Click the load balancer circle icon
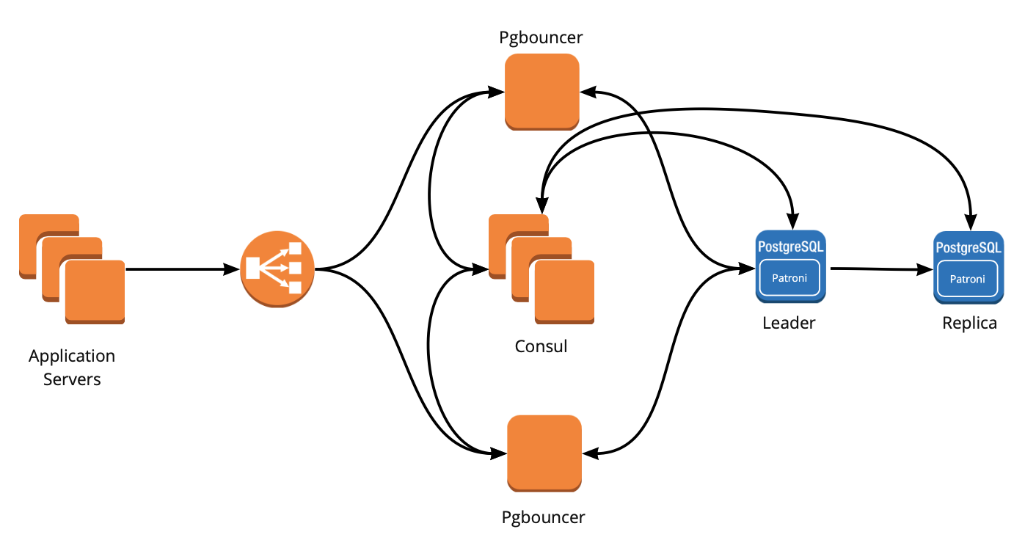pos(277,269)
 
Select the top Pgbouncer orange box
pos(542,92)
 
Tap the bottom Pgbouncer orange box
pos(544,453)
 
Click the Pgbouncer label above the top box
pos(541,37)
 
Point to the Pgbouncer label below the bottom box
pos(543,517)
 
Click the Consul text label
pos(541,346)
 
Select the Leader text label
pos(789,323)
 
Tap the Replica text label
pos(969,323)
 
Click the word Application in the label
pos(72,356)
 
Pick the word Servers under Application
pos(72,379)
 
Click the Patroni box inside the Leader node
pos(789,279)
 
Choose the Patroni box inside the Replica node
pos(967,279)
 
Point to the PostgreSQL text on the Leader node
pos(790,247)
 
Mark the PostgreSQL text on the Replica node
pos(968,247)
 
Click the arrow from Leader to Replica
pos(880,269)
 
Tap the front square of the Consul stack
pos(564,291)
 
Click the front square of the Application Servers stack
pos(95,291)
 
